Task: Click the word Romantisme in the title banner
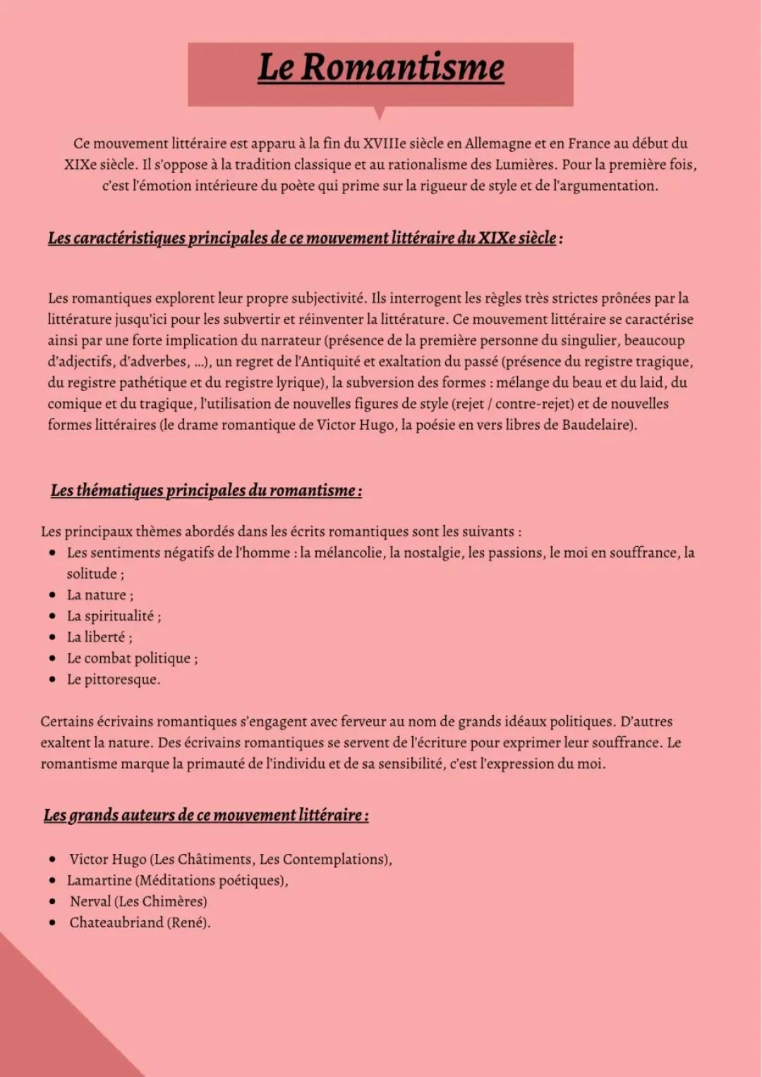[x=402, y=68]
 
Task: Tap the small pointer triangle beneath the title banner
[x=380, y=112]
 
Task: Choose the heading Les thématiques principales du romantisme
[x=206, y=491]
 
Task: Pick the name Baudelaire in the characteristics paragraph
[x=598, y=425]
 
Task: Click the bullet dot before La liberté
[x=52, y=637]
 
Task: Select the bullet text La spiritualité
[x=113, y=616]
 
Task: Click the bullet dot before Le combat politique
[x=52, y=658]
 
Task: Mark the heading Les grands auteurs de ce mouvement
[x=205, y=815]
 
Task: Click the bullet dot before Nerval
[x=52, y=902]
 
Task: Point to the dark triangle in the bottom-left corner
[x=42, y=1023]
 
